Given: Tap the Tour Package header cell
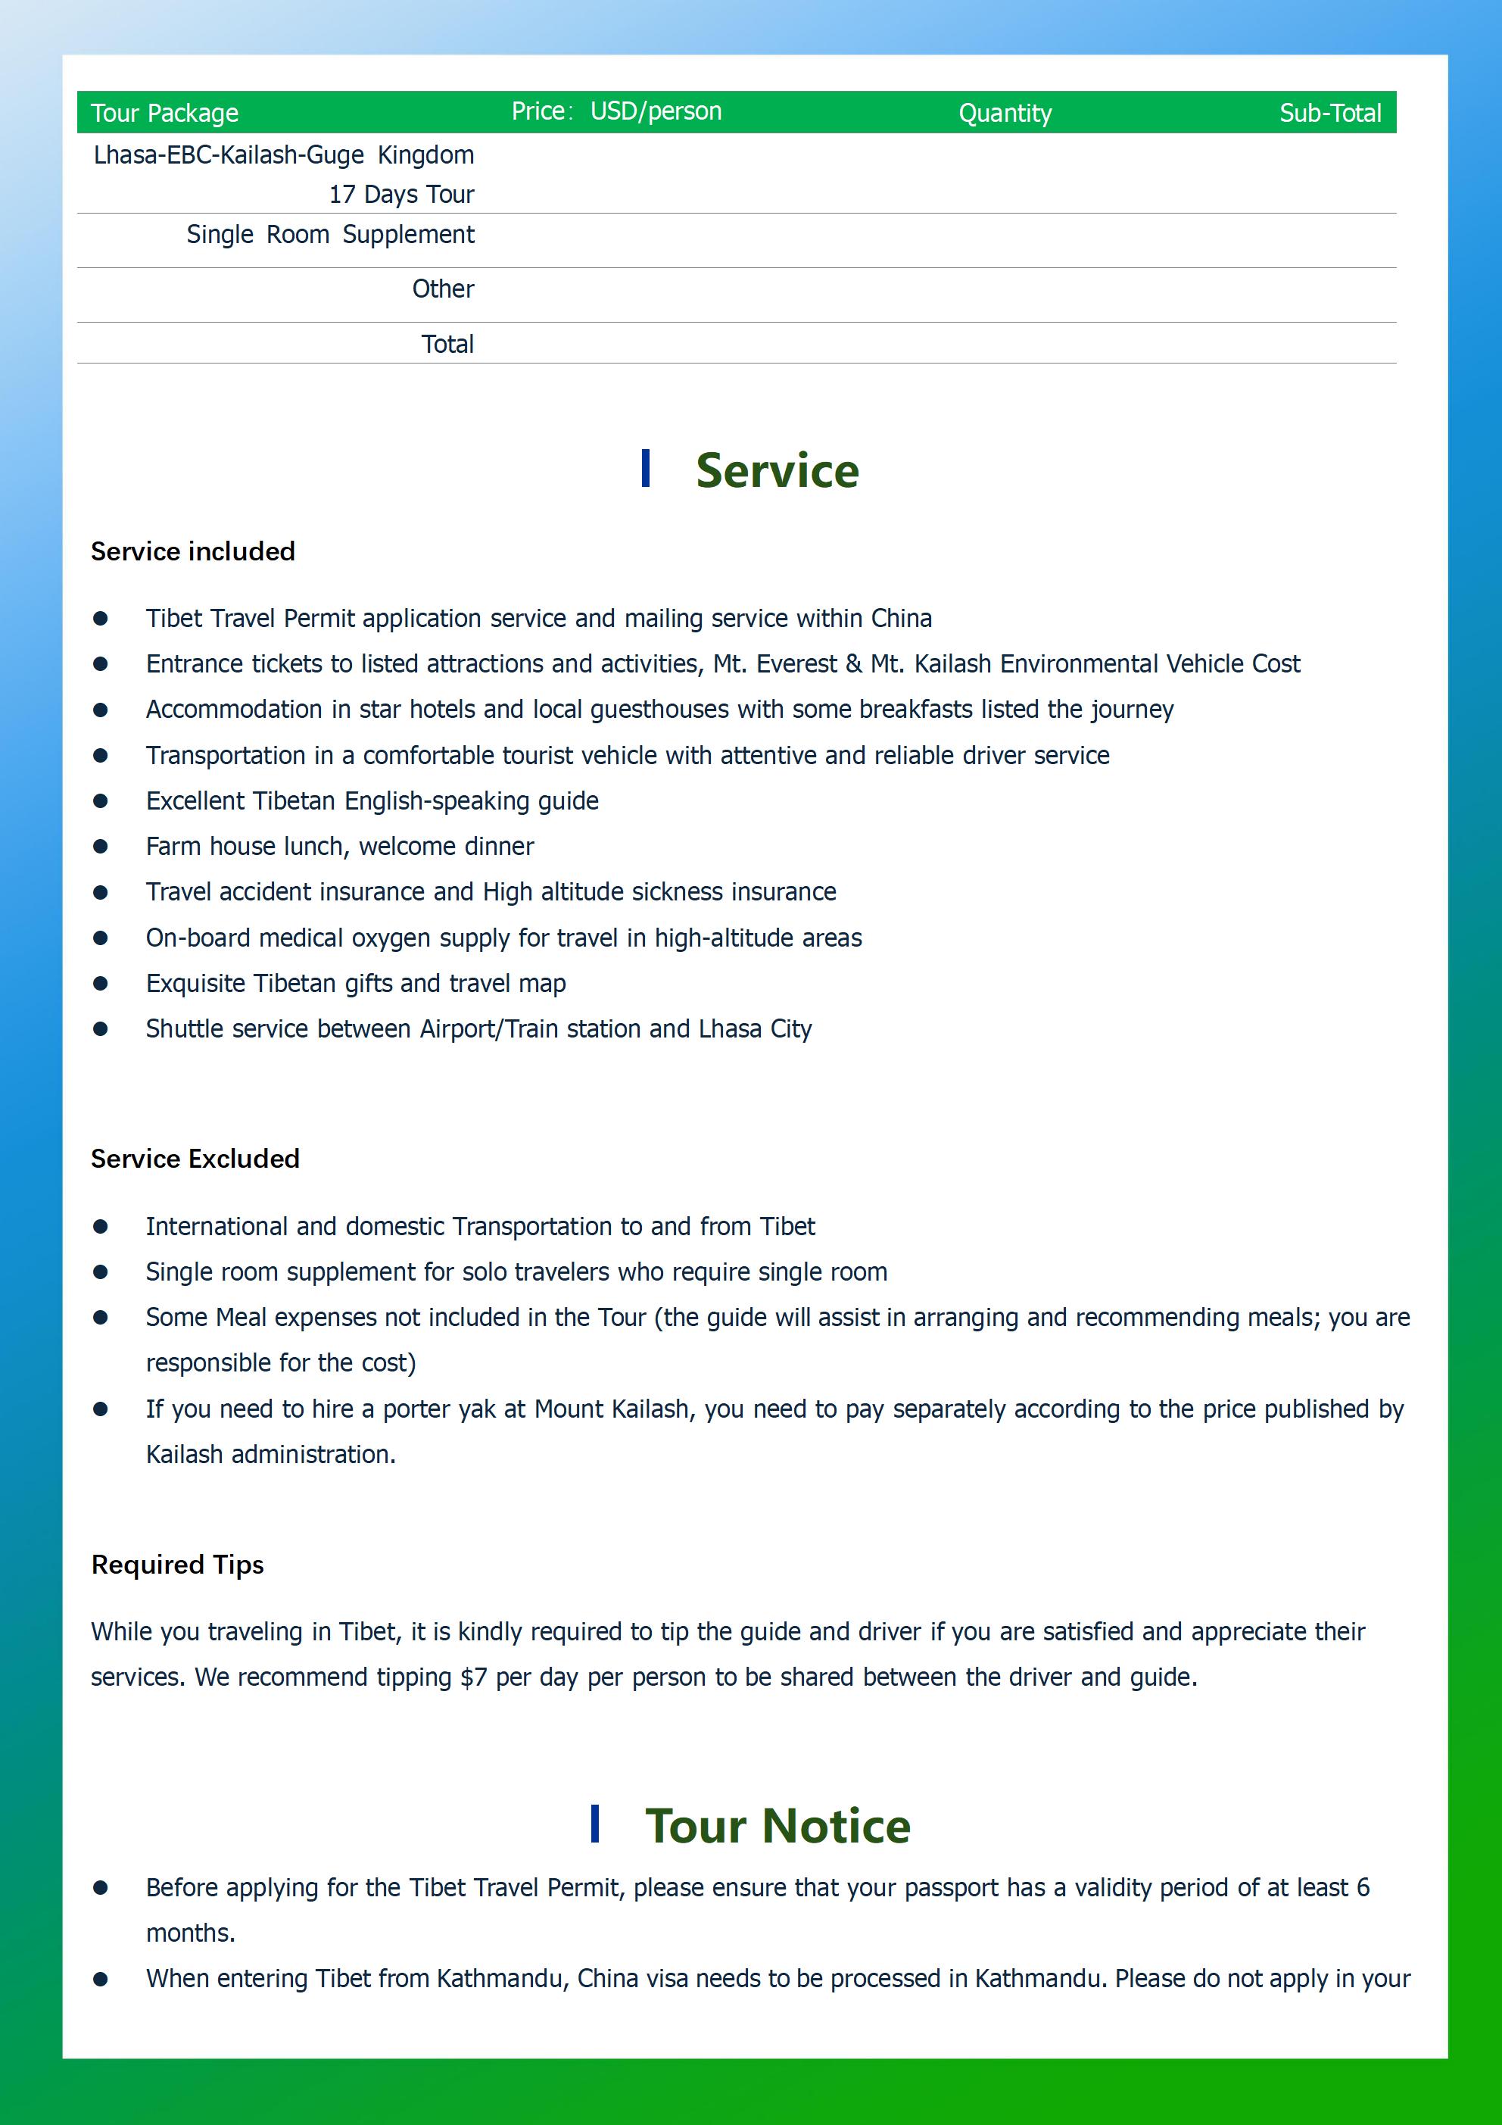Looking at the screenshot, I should [165, 113].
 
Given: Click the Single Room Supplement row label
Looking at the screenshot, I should [330, 234].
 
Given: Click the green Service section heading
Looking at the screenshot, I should [777, 470].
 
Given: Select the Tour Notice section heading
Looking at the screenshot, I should [777, 1825].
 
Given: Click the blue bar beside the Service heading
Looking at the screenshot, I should [645, 468].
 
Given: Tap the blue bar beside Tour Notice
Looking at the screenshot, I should [594, 1824].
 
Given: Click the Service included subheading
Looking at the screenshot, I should [192, 551].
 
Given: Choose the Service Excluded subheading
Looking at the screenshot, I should [195, 1159].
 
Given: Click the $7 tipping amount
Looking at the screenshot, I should [473, 1677].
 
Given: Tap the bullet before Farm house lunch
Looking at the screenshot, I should [101, 846].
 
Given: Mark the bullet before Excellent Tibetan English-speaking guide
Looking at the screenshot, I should [101, 800].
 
